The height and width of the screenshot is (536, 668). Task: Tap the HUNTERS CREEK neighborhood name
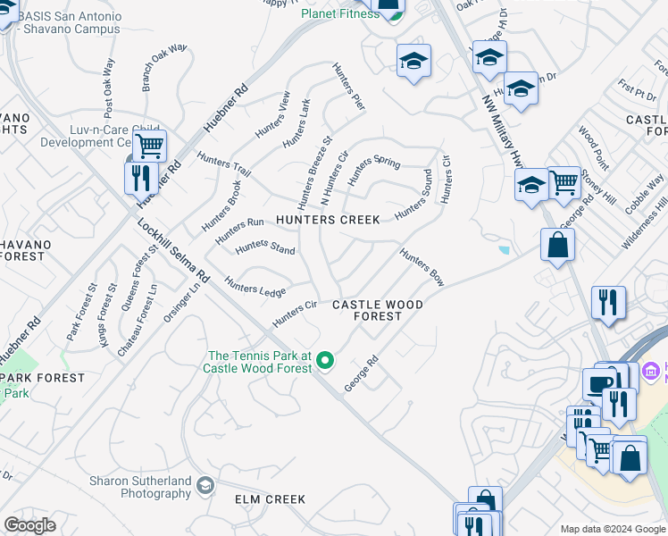click(x=328, y=220)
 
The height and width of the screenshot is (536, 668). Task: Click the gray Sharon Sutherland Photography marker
click(x=205, y=486)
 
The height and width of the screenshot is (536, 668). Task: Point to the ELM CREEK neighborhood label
click(x=270, y=499)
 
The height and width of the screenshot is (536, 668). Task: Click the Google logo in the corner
click(x=29, y=525)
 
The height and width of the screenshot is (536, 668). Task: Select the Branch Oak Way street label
click(x=164, y=67)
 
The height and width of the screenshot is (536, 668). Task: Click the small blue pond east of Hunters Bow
click(x=505, y=251)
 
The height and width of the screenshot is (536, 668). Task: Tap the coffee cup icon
click(x=598, y=384)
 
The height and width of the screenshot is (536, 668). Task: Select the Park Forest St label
click(x=80, y=312)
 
